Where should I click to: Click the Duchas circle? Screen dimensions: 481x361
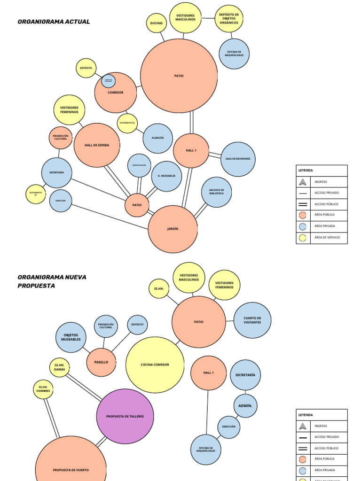pyautogui.click(x=157, y=23)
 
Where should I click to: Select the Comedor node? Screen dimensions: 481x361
pyautogui.click(x=116, y=93)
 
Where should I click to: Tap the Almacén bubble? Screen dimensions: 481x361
pyautogui.click(x=157, y=138)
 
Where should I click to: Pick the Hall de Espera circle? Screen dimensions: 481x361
pyautogui.click(x=97, y=146)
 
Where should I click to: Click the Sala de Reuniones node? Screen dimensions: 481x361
pyautogui.click(x=238, y=159)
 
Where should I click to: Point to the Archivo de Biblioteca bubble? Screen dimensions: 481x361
pyautogui.click(x=216, y=192)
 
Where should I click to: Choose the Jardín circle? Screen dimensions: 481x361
pyautogui.click(x=173, y=229)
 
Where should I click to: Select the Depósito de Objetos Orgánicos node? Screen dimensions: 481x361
pyautogui.click(x=229, y=19)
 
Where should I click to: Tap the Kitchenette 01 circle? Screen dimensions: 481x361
pyautogui.click(x=36, y=194)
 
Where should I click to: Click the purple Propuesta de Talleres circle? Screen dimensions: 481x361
pyautogui.click(x=125, y=416)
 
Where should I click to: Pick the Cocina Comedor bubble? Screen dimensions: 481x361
pyautogui.click(x=155, y=365)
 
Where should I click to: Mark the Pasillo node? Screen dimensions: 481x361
pyautogui.click(x=101, y=362)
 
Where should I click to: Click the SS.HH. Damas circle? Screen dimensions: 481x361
pyautogui.click(x=59, y=367)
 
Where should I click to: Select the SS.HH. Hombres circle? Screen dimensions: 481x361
pyautogui.click(x=43, y=389)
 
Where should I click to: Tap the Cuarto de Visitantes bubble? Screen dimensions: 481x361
pyautogui.click(x=252, y=320)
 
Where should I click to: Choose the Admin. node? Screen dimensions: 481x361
pyautogui.click(x=245, y=406)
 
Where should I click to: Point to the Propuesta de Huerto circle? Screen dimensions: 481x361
pyautogui.click(x=71, y=465)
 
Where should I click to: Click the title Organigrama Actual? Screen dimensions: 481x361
pyautogui.click(x=54, y=22)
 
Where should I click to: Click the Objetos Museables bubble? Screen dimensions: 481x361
pyautogui.click(x=71, y=337)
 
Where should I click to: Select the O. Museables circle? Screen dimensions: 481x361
pyautogui.click(x=166, y=176)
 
